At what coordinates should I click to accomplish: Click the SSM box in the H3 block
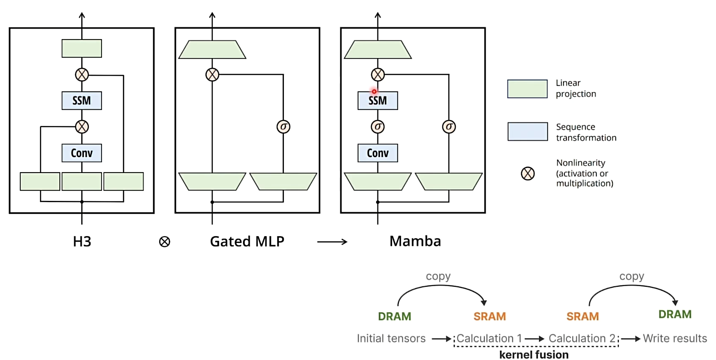pyautogui.click(x=82, y=101)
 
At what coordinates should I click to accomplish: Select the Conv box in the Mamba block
pyautogui.click(x=377, y=153)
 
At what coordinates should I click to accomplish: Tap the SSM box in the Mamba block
pyautogui.click(x=377, y=101)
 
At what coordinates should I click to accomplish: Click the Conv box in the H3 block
pyautogui.click(x=82, y=153)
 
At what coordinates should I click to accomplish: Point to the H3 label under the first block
pyautogui.click(x=82, y=242)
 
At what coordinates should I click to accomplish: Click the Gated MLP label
pyautogui.click(x=247, y=242)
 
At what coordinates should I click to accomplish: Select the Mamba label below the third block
pyautogui.click(x=415, y=241)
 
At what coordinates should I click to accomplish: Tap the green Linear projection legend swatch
pyautogui.click(x=527, y=89)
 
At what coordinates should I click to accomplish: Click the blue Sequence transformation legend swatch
pyautogui.click(x=527, y=132)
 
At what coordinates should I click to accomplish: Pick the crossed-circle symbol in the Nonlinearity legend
pyautogui.click(x=527, y=173)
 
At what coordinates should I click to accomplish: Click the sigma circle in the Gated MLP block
pyautogui.click(x=283, y=127)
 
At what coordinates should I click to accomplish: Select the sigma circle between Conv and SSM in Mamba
pyautogui.click(x=377, y=127)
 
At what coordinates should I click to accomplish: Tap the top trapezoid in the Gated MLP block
pyautogui.click(x=212, y=50)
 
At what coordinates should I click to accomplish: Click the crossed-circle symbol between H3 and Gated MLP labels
pyautogui.click(x=164, y=242)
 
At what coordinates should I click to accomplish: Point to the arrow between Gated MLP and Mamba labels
pyautogui.click(x=332, y=242)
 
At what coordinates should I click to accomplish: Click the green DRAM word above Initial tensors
pyautogui.click(x=394, y=317)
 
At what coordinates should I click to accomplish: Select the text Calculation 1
pyautogui.click(x=489, y=339)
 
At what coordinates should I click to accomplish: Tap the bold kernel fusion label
pyautogui.click(x=534, y=355)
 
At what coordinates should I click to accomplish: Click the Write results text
pyautogui.click(x=675, y=339)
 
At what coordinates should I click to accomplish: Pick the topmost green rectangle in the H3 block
pyautogui.click(x=82, y=48)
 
